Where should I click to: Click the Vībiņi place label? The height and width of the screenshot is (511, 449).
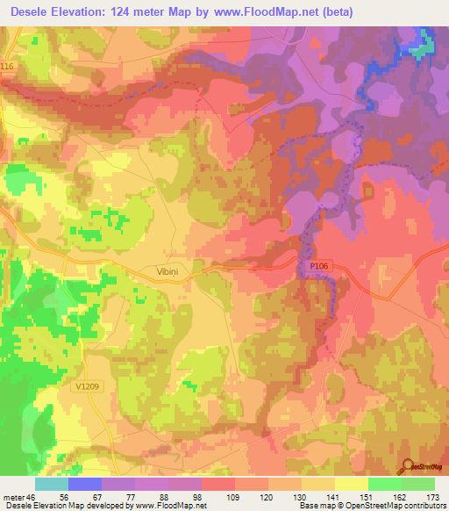coord(155,273)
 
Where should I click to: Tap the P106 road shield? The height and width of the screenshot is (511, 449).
coord(318,264)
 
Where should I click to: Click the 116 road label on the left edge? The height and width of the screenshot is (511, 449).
coord(9,68)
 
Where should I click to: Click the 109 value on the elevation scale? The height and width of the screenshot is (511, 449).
coord(218,497)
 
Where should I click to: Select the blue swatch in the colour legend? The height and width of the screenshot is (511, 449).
coord(85,484)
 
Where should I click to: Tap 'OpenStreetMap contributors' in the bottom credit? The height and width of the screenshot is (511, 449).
coord(398,507)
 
